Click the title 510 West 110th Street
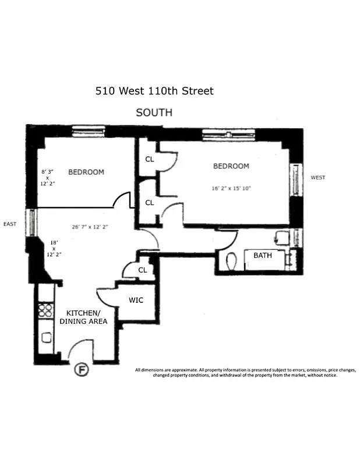[x=154, y=91]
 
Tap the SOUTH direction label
[x=154, y=112]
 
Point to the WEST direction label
[x=317, y=178]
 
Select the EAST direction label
[x=10, y=224]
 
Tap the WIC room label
[x=135, y=301]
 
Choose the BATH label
[x=262, y=255]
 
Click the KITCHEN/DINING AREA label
[x=86, y=317]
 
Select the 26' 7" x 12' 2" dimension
[x=90, y=227]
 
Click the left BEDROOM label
[x=86, y=172]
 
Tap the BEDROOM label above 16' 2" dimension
[x=231, y=166]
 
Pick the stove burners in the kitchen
[x=45, y=310]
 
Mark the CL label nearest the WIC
[x=142, y=270]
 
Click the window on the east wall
[x=32, y=223]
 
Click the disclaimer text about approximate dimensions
[x=245, y=372]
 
